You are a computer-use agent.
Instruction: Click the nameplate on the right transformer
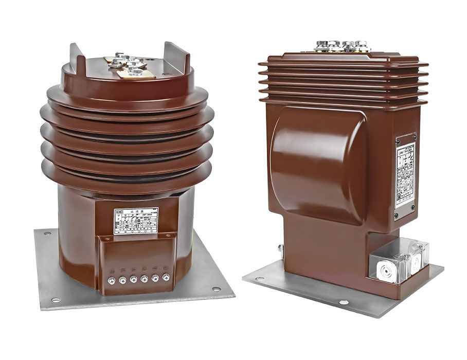coord(405,175)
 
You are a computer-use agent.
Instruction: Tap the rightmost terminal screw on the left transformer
coord(166,277)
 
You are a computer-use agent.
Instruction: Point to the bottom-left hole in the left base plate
coord(55,300)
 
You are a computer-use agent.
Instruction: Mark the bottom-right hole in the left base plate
coord(215,289)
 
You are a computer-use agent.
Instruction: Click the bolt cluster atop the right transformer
coord(342,46)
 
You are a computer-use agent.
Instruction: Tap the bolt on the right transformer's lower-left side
coord(280,249)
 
